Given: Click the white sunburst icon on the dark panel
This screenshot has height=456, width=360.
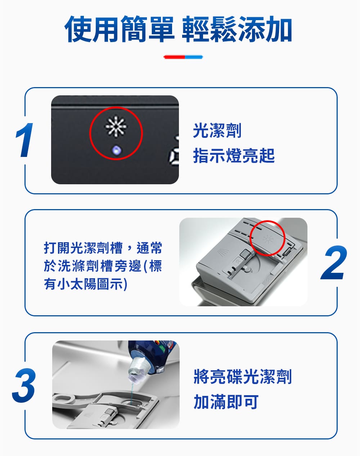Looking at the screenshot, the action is click(116, 127).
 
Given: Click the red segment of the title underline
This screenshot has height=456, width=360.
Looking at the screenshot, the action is click(174, 57).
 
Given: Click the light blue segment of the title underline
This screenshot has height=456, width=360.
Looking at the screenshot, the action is click(194, 57).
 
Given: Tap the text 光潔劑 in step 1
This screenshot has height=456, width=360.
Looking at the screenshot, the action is click(217, 130).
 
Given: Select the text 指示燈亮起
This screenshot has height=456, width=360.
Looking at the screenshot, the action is click(234, 155).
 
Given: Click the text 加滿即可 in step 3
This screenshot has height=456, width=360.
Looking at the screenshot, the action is click(226, 402).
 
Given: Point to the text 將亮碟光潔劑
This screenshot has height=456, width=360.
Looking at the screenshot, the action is click(243, 376).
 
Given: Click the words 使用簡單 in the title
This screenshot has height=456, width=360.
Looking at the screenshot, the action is click(119, 29).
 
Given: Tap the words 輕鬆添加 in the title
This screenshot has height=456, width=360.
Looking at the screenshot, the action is click(237, 29).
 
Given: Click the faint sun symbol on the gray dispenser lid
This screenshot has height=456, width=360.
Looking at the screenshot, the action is click(268, 239).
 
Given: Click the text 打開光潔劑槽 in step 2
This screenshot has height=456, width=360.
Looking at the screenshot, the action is click(83, 248).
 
